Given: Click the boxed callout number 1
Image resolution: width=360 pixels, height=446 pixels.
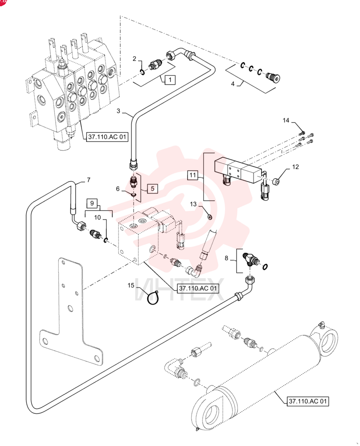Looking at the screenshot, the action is coord(170,80).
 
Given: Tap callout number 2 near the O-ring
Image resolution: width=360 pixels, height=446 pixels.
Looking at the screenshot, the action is coord(135,59).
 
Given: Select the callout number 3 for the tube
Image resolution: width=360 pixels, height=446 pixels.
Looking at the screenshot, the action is coord(119,111).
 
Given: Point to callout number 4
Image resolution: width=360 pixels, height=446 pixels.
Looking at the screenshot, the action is coord(233,84).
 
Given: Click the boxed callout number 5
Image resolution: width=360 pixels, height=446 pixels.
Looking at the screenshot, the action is coord(152,188).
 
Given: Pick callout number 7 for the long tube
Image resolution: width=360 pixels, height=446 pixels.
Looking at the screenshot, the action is coord(89,180).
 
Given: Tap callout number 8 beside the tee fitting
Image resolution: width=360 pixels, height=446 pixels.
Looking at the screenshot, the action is coord(226,258).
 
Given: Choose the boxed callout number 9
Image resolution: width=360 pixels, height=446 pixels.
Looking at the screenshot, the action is coord(92,203).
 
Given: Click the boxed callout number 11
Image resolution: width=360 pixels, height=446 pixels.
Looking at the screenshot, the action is coord(193,175).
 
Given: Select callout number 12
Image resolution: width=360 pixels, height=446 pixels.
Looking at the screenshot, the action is coord(295,167).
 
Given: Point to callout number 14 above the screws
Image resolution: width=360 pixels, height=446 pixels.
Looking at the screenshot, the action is coord(286,120).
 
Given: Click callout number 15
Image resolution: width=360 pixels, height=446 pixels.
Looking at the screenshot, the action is coord(131,285).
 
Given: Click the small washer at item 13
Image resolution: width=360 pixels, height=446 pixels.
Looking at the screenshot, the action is coord(210,218).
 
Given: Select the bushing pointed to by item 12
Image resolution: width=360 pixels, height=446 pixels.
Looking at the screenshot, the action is coord(276,181).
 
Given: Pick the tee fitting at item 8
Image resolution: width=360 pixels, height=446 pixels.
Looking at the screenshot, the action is coord(250,258).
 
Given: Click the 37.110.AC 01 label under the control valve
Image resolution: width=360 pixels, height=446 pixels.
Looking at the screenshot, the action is coord(107,137).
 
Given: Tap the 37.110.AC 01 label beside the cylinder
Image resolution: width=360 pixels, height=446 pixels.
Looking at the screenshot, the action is coord(308,401).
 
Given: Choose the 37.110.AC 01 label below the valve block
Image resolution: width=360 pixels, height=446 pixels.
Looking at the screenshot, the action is coord(198,289).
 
